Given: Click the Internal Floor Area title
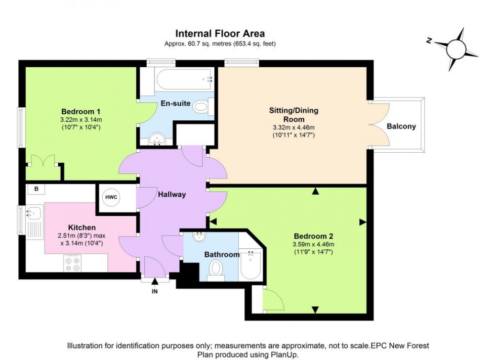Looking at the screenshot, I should (x=220, y=33).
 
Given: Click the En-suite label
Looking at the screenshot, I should (x=176, y=104).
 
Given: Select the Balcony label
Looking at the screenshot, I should (x=401, y=126).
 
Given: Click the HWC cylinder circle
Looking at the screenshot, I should (x=111, y=197).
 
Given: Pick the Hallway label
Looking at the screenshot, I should (x=172, y=194).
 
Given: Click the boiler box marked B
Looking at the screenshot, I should (x=36, y=189).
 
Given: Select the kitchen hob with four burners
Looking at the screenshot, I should (x=72, y=262).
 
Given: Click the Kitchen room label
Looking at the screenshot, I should (x=82, y=228).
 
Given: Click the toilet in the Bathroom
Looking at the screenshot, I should (x=216, y=268).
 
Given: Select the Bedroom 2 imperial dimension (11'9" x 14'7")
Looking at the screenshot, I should (x=314, y=251).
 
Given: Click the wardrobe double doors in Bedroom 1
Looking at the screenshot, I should (x=43, y=161).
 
